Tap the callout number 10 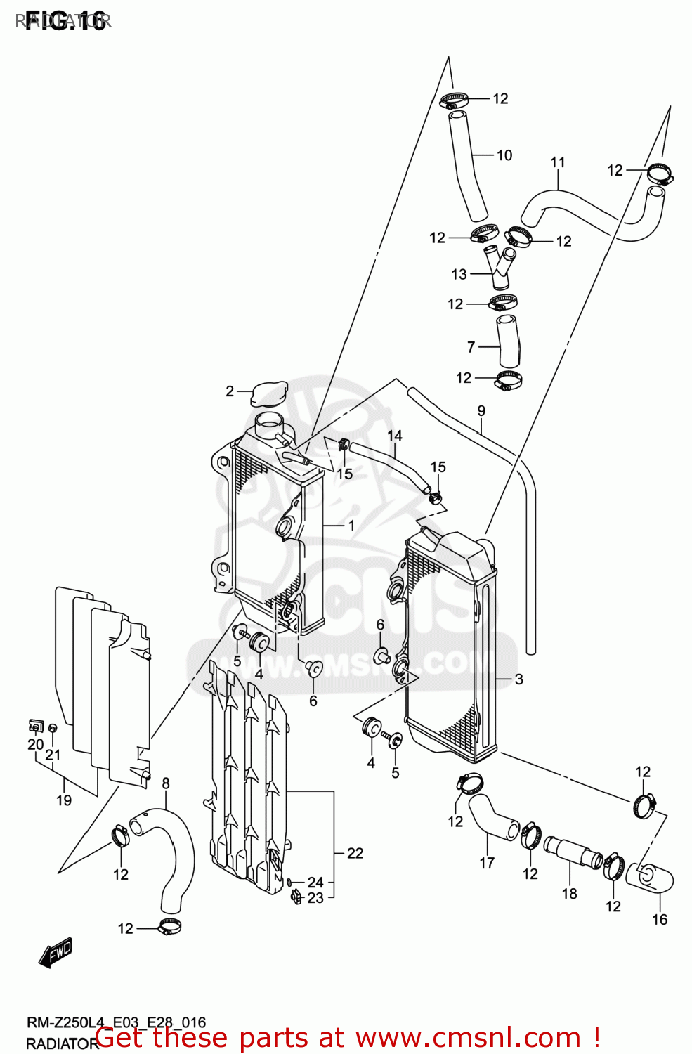click(504, 155)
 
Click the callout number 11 click(558, 162)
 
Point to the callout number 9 click(481, 410)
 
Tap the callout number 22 click(355, 853)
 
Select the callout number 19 click(64, 800)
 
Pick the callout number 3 click(518, 679)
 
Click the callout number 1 click(351, 526)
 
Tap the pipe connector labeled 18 click(573, 853)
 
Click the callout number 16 click(660, 919)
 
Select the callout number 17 click(487, 863)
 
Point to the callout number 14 click(395, 436)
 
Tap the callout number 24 click(315, 882)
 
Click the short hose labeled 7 click(509, 341)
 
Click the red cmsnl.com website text click(347, 1038)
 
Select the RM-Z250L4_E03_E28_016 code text click(116, 1022)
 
